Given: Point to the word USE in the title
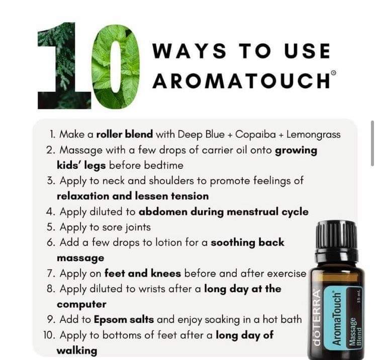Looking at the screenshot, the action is (x=307, y=51).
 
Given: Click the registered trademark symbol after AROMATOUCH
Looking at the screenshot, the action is (x=333, y=72).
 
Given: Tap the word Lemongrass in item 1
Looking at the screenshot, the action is (x=314, y=135).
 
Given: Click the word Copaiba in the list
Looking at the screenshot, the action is (x=255, y=135).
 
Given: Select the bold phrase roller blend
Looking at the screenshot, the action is (x=125, y=134).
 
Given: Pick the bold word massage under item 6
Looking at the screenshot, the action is (x=80, y=259).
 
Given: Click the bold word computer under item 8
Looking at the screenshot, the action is (x=81, y=305).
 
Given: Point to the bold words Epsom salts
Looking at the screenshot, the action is (x=124, y=320).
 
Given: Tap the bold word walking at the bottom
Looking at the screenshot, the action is (x=77, y=350).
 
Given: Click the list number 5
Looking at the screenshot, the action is (x=51, y=227).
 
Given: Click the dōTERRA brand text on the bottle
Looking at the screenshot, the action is (x=317, y=318).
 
